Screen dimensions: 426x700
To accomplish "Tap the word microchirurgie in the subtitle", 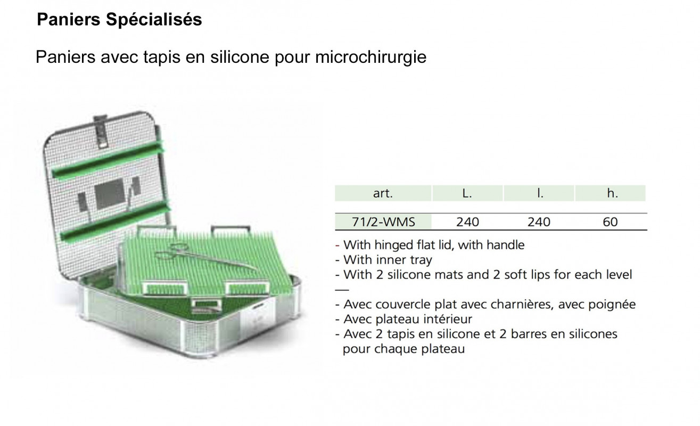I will tap(370, 57).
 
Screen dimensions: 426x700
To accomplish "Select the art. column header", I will tap(383, 193).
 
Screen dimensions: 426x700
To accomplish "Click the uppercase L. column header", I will tap(467, 193).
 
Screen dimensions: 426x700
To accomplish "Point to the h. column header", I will tap(612, 193).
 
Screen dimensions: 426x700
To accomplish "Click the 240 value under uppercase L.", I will tap(467, 222).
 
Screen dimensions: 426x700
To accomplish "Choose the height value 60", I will tap(610, 222).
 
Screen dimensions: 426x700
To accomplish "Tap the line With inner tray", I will tap(388, 260).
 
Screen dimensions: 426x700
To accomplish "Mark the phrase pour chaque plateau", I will tap(403, 349).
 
